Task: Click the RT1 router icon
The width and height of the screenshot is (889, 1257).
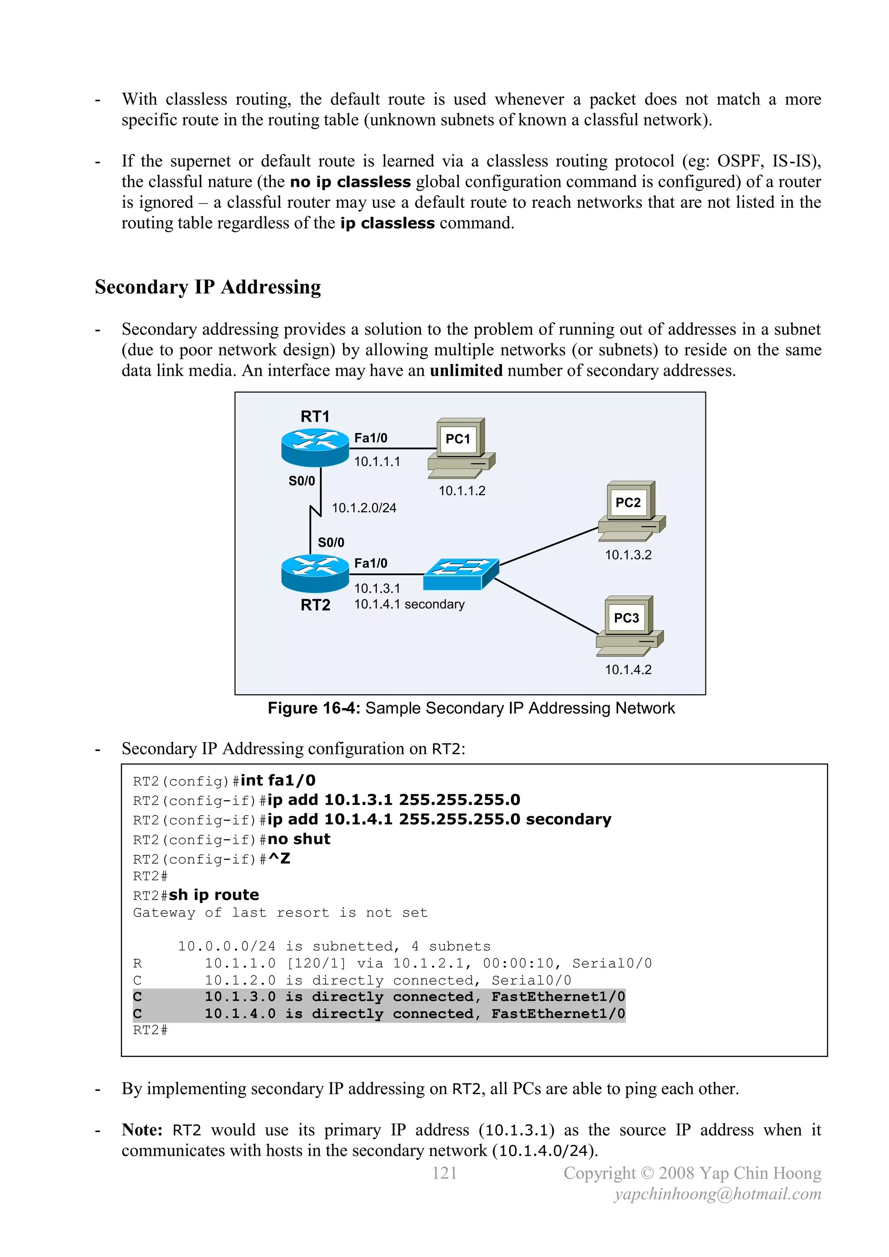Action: pos(315,447)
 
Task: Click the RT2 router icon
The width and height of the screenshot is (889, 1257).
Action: pos(315,573)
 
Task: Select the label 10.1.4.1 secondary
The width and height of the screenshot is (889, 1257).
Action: pos(409,604)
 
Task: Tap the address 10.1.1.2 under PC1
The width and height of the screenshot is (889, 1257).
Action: pos(461,491)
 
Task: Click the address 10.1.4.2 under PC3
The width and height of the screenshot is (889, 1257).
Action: pos(628,670)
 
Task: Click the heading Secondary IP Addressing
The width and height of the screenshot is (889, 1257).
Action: pos(207,287)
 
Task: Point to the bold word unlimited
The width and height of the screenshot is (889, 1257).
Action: pos(466,371)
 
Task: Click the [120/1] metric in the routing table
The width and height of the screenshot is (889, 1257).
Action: pos(316,963)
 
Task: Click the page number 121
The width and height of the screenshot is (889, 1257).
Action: pos(444,1173)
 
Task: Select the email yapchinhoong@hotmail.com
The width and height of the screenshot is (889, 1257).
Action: pos(717,1194)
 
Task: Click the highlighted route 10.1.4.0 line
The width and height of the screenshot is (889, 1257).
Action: pos(379,1013)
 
